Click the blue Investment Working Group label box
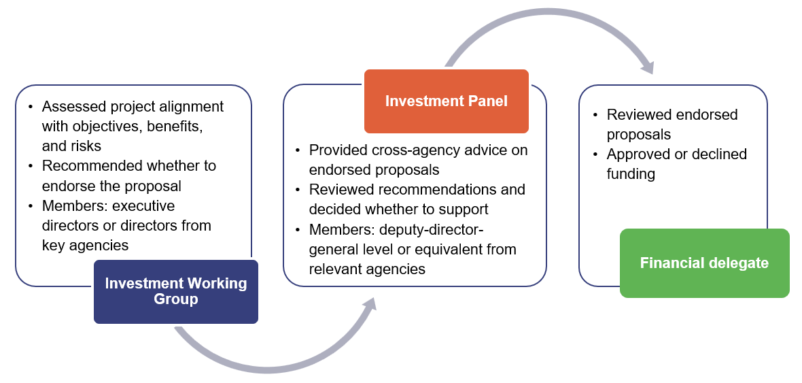[x=176, y=291]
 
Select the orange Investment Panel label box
[x=446, y=101]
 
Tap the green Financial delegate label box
[x=704, y=263]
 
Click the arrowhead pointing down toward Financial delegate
[x=646, y=66]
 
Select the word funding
[x=631, y=174]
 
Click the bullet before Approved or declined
[x=595, y=154]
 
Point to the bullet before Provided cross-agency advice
[x=298, y=150]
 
